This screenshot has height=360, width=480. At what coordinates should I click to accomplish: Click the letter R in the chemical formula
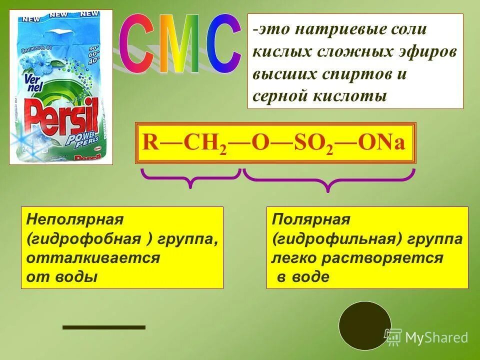(x=150, y=142)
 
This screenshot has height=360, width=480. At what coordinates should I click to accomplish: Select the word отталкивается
(x=93, y=258)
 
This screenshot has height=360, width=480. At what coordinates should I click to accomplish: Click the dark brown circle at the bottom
(x=364, y=325)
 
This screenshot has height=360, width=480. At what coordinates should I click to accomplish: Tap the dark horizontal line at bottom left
(x=103, y=327)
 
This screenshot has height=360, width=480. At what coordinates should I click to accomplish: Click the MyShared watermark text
(x=436, y=337)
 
